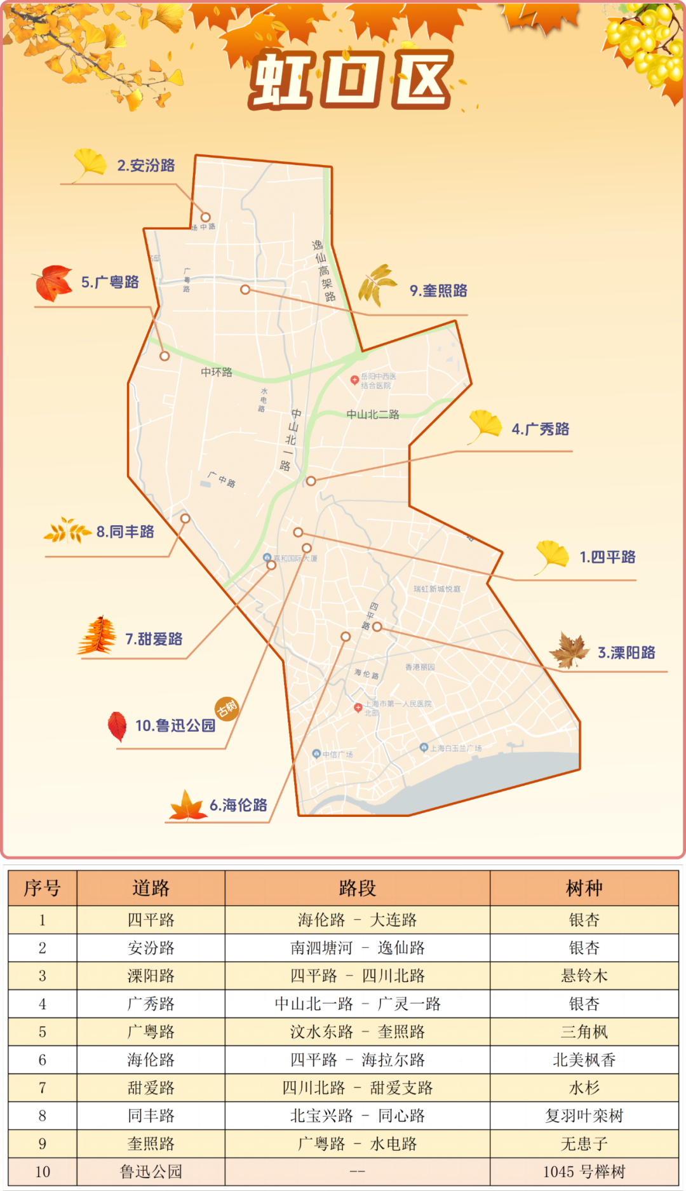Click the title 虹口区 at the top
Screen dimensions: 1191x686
pos(351,80)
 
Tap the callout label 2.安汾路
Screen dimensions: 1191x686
pos(145,166)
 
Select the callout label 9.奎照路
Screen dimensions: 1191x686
pos(438,291)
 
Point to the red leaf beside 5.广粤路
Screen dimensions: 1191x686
pos(53,283)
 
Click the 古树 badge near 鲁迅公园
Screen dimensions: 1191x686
pos(227,708)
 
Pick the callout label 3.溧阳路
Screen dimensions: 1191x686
pos(626,653)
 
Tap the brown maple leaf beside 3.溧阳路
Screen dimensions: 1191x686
pos(570,650)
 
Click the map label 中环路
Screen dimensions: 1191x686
pos(217,372)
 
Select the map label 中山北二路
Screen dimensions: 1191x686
pos(373,415)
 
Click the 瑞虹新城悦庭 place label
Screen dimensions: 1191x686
pos(437,589)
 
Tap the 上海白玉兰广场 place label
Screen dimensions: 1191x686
pos(455,748)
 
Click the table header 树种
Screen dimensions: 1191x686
pos(584,888)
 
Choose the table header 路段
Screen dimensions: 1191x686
pos(357,888)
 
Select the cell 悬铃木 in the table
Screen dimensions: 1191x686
pos(584,976)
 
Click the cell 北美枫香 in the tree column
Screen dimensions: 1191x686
pos(584,1060)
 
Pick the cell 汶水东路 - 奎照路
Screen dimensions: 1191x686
pos(357,1032)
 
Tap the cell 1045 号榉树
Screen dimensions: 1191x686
pos(584,1171)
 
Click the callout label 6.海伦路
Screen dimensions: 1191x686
pos(238,805)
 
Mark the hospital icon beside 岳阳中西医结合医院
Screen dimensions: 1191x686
pos(354,380)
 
